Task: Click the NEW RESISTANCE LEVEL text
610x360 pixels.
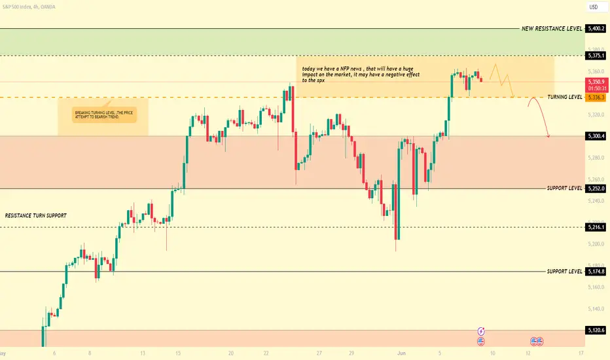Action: [552, 29]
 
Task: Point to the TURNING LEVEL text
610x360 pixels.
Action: [565, 97]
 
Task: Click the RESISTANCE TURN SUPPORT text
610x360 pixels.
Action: [35, 215]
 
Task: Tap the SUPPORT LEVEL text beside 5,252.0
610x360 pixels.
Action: [564, 189]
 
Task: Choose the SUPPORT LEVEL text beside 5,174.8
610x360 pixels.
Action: [564, 271]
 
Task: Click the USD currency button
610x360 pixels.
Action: [594, 7]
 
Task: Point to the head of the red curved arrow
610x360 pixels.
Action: [548, 136]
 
